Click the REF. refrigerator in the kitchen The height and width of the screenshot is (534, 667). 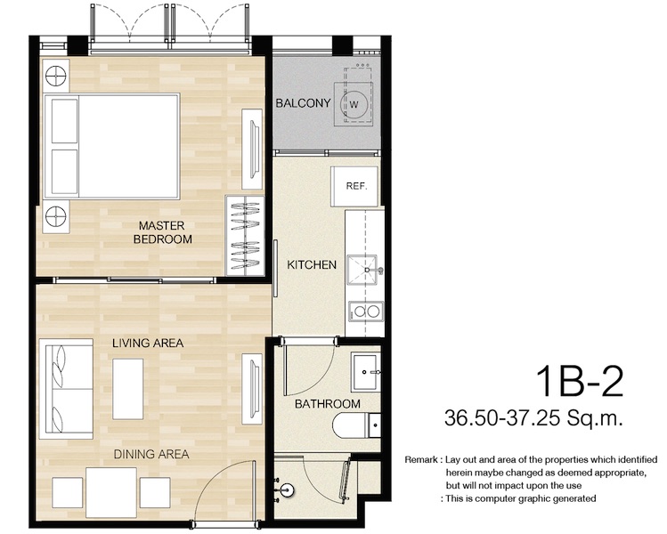tap(354, 186)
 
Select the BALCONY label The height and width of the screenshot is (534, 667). tap(303, 103)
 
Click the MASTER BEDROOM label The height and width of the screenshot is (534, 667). tap(162, 232)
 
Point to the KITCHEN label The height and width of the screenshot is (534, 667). tap(312, 265)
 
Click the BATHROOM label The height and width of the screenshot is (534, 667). tap(327, 403)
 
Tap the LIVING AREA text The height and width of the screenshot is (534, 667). tap(148, 343)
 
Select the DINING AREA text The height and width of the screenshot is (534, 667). tap(151, 454)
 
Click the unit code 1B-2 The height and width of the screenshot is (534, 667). tap(579, 381)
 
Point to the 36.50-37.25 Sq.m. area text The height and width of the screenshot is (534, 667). tap(533, 417)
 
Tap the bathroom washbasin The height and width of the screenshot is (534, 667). tap(365, 372)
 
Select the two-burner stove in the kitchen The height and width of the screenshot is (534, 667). tap(366, 311)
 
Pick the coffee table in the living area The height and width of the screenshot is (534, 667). tap(127, 389)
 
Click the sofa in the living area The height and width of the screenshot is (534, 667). tap(66, 389)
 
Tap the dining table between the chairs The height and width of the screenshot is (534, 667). tap(111, 492)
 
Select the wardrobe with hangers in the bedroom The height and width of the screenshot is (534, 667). tap(245, 236)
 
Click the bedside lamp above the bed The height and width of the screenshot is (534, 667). tap(56, 76)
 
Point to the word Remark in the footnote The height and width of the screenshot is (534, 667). tap(420, 460)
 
